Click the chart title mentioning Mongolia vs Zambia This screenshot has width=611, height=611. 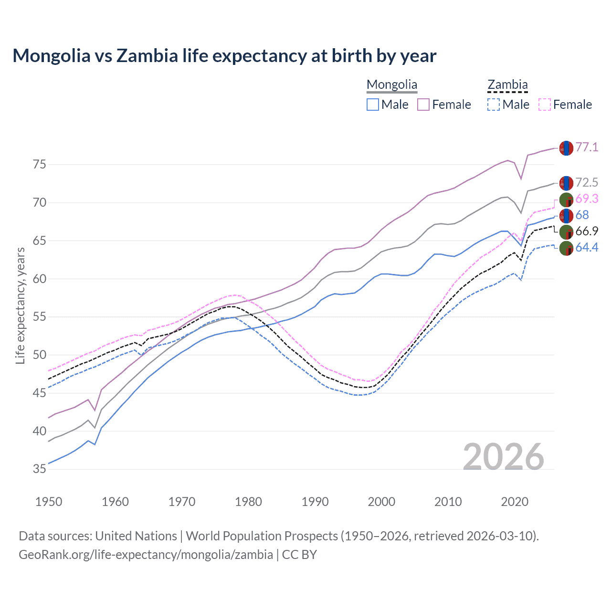tap(224, 56)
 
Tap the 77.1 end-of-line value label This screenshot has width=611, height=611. tap(587, 147)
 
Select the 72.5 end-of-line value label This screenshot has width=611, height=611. tap(587, 182)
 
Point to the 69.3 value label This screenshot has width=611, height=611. tap(587, 199)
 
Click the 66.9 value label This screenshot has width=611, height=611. tap(587, 232)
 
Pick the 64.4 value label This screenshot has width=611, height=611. tap(587, 247)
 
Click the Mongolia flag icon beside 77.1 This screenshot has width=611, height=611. tap(566, 148)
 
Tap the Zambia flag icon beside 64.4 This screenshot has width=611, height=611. tap(566, 248)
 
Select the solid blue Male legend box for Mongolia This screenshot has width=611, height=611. tap(373, 105)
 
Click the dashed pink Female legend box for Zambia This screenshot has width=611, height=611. tap(545, 105)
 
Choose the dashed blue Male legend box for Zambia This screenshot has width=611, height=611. tap(494, 105)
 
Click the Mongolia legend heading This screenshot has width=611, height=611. tap(392, 85)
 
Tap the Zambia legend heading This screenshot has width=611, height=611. tap(507, 85)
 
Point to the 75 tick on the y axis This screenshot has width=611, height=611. tap(40, 165)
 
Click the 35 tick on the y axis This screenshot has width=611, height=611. tap(40, 469)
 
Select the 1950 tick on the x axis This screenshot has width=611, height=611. tap(49, 502)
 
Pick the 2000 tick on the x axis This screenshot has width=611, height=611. tap(382, 502)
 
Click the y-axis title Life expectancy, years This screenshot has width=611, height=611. tap(20, 305)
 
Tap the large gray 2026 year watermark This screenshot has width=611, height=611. tap(504, 457)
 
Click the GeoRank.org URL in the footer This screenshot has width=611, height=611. tap(146, 555)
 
